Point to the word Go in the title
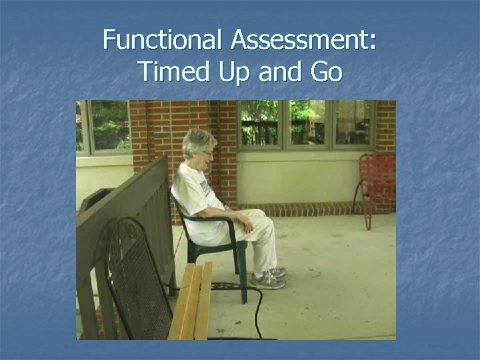(326, 70)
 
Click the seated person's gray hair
(198, 141)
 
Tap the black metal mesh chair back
(137, 280)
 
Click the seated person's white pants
(260, 240)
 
